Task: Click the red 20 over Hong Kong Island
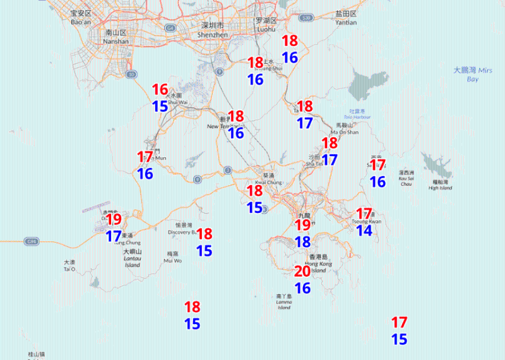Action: pyautogui.click(x=302, y=272)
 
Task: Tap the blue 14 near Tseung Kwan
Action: pyautogui.click(x=364, y=231)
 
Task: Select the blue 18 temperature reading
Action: pyautogui.click(x=303, y=242)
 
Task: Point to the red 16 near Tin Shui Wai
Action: pyautogui.click(x=160, y=90)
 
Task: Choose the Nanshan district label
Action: pyautogui.click(x=117, y=37)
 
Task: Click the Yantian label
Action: pyautogui.click(x=346, y=18)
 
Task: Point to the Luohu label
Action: pyautogui.click(x=266, y=25)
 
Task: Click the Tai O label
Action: pyautogui.click(x=69, y=266)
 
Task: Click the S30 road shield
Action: pyautogui.click(x=307, y=19)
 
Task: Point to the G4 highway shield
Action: pyautogui.click(x=170, y=28)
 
